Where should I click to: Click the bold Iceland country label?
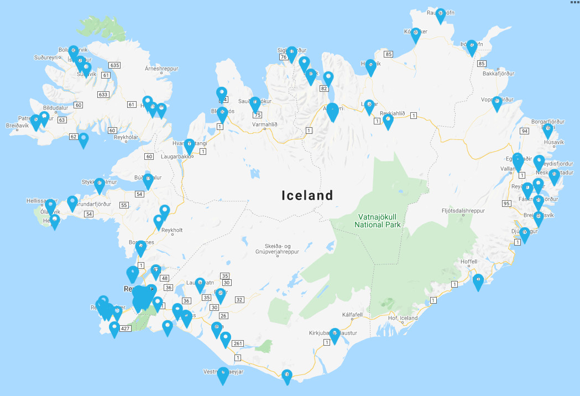pos(307,195)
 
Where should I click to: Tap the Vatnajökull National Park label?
pos(378,221)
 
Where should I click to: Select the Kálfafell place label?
pos(352,315)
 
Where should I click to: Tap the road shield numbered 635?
pos(114,65)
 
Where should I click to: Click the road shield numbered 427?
pos(125,329)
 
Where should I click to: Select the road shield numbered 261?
pos(238,343)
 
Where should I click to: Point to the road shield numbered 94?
pos(524,131)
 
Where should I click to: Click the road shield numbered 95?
pos(506,204)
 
